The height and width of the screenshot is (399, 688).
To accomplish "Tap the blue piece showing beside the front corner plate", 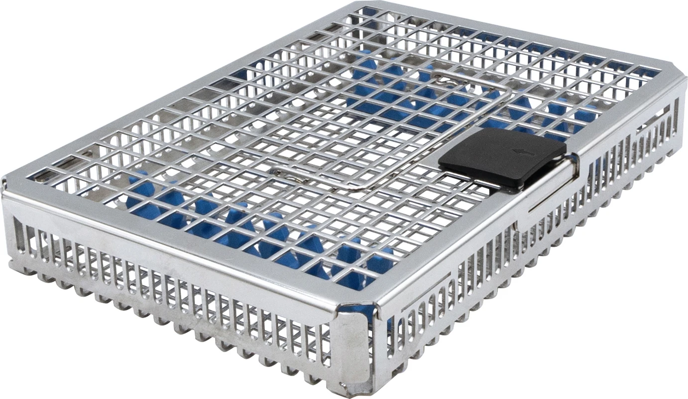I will pos(371,314).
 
